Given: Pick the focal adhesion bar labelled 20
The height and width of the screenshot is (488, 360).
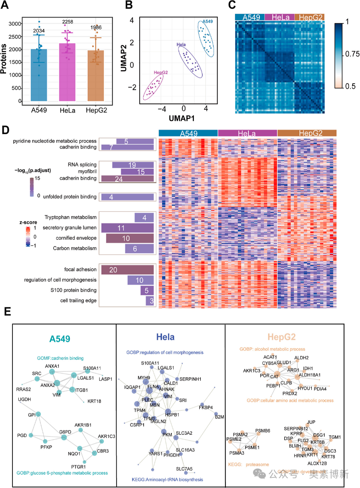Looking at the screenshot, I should click(127, 270).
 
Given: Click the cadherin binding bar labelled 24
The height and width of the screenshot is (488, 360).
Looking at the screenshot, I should click(127, 179).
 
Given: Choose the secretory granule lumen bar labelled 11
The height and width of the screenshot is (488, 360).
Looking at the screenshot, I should click(127, 228).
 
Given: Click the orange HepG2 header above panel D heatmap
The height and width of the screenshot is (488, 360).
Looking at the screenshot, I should click(307, 133).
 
